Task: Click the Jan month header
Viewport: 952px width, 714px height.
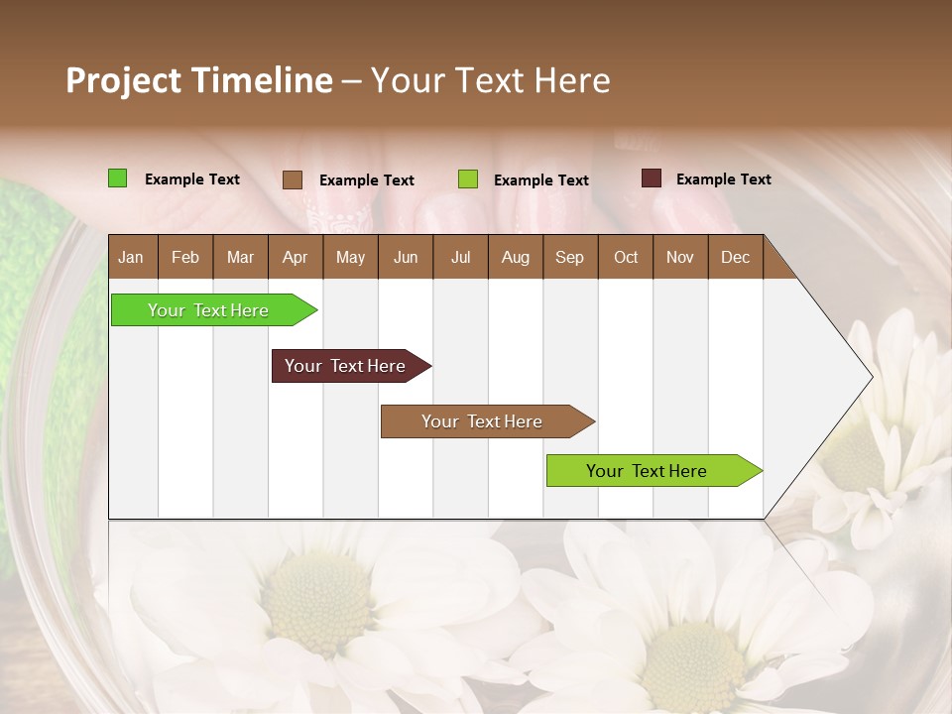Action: tap(131, 258)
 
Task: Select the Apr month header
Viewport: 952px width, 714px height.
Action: tap(295, 258)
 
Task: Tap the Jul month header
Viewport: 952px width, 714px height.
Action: tap(460, 258)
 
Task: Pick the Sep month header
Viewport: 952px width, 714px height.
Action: tap(569, 258)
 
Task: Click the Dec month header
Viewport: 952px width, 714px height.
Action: tap(735, 258)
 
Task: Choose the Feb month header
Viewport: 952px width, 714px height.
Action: tap(185, 258)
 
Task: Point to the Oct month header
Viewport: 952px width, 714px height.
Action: tap(626, 258)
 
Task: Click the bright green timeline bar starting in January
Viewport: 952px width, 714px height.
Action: tap(209, 310)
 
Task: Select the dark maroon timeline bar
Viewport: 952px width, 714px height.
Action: tap(346, 366)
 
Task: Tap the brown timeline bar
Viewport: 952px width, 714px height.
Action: tap(483, 421)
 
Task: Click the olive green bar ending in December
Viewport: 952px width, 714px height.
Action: tap(648, 471)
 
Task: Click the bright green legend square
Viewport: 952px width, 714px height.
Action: tap(118, 178)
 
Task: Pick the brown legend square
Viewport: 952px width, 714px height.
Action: tap(293, 179)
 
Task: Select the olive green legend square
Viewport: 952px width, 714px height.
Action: tap(468, 179)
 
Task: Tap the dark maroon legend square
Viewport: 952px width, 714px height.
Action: tap(651, 178)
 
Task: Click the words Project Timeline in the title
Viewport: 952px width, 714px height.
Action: tap(199, 80)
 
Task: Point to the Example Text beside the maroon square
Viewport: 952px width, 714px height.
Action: tap(723, 179)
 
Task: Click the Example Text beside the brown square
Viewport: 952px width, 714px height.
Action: tap(366, 180)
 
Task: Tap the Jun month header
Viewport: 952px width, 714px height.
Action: tap(406, 258)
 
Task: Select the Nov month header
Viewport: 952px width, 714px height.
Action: tap(680, 258)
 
